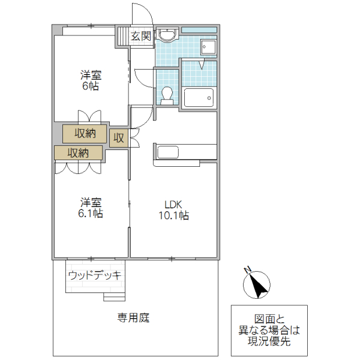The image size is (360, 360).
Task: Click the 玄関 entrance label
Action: point(141,36)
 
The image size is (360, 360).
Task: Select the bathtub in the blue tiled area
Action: point(199,98)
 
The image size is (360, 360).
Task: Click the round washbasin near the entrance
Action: point(167,35)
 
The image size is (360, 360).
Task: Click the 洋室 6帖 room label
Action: point(91,80)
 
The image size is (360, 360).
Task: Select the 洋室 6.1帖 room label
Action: point(91,208)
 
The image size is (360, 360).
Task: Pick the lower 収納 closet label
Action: point(78,152)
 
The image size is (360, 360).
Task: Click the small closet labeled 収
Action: point(118,137)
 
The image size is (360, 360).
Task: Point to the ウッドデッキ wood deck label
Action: point(95,275)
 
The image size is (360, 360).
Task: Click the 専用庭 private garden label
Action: point(133,317)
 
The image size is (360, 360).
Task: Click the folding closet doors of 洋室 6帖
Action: point(89,116)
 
